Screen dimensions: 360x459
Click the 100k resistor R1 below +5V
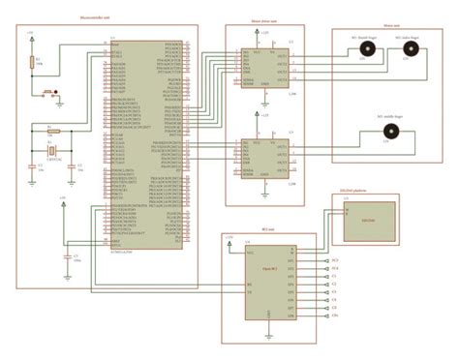pos(33,65)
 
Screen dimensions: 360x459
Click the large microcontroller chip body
pos(144,145)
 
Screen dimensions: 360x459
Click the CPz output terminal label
pos(334,315)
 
